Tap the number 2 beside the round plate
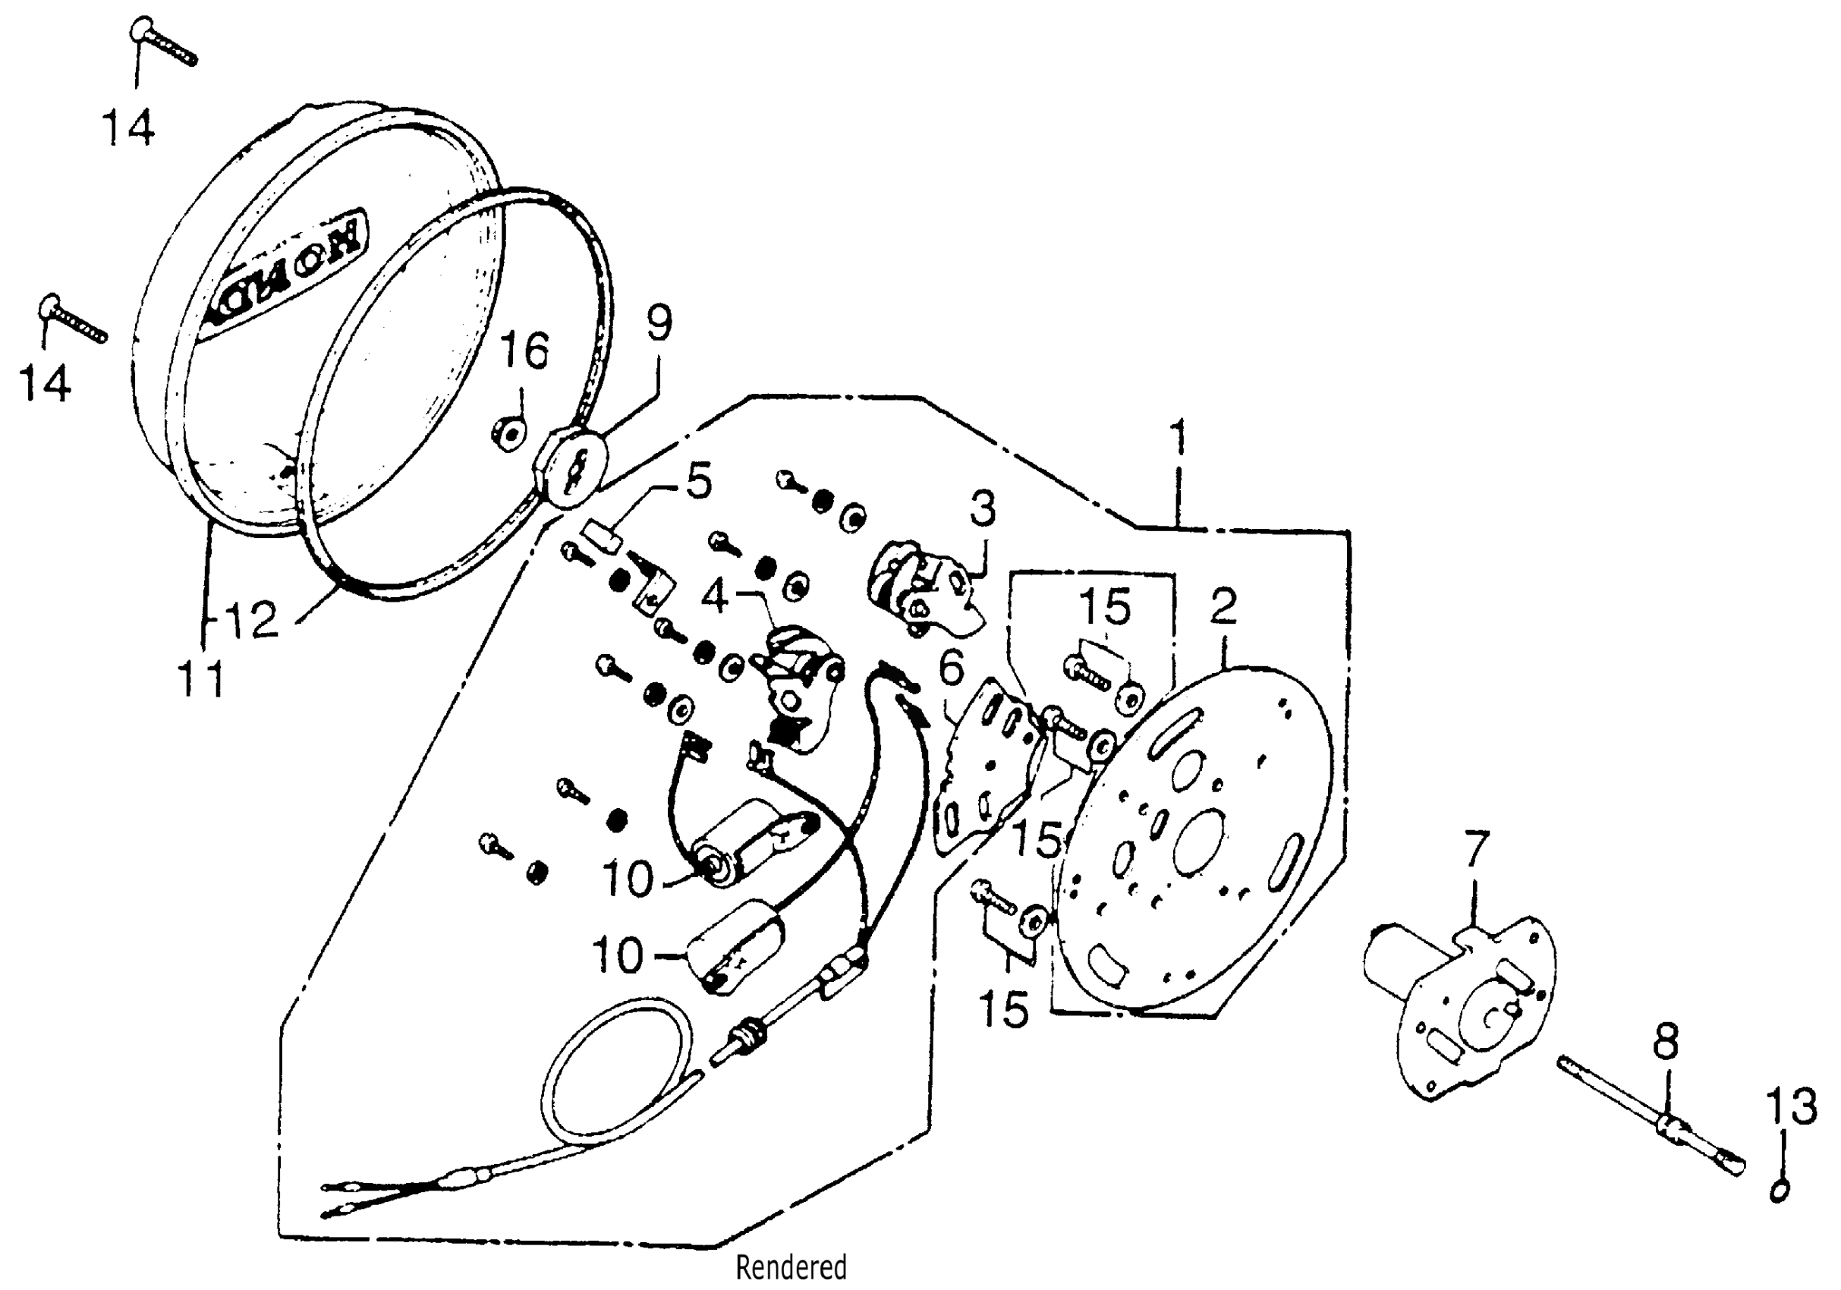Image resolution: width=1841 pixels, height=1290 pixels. click(1223, 607)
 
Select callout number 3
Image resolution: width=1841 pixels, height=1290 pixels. click(982, 508)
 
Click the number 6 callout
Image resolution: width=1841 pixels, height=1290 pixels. click(951, 668)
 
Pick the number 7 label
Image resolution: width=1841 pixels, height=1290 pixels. click(1475, 851)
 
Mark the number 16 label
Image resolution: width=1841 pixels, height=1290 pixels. click(524, 351)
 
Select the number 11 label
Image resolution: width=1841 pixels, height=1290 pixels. click(200, 681)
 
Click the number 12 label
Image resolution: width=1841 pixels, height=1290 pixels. click(251, 620)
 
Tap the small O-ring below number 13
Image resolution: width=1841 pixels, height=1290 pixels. click(1778, 1191)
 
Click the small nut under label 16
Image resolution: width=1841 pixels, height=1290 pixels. click(508, 434)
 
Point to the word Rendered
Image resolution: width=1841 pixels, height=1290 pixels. click(791, 1267)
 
